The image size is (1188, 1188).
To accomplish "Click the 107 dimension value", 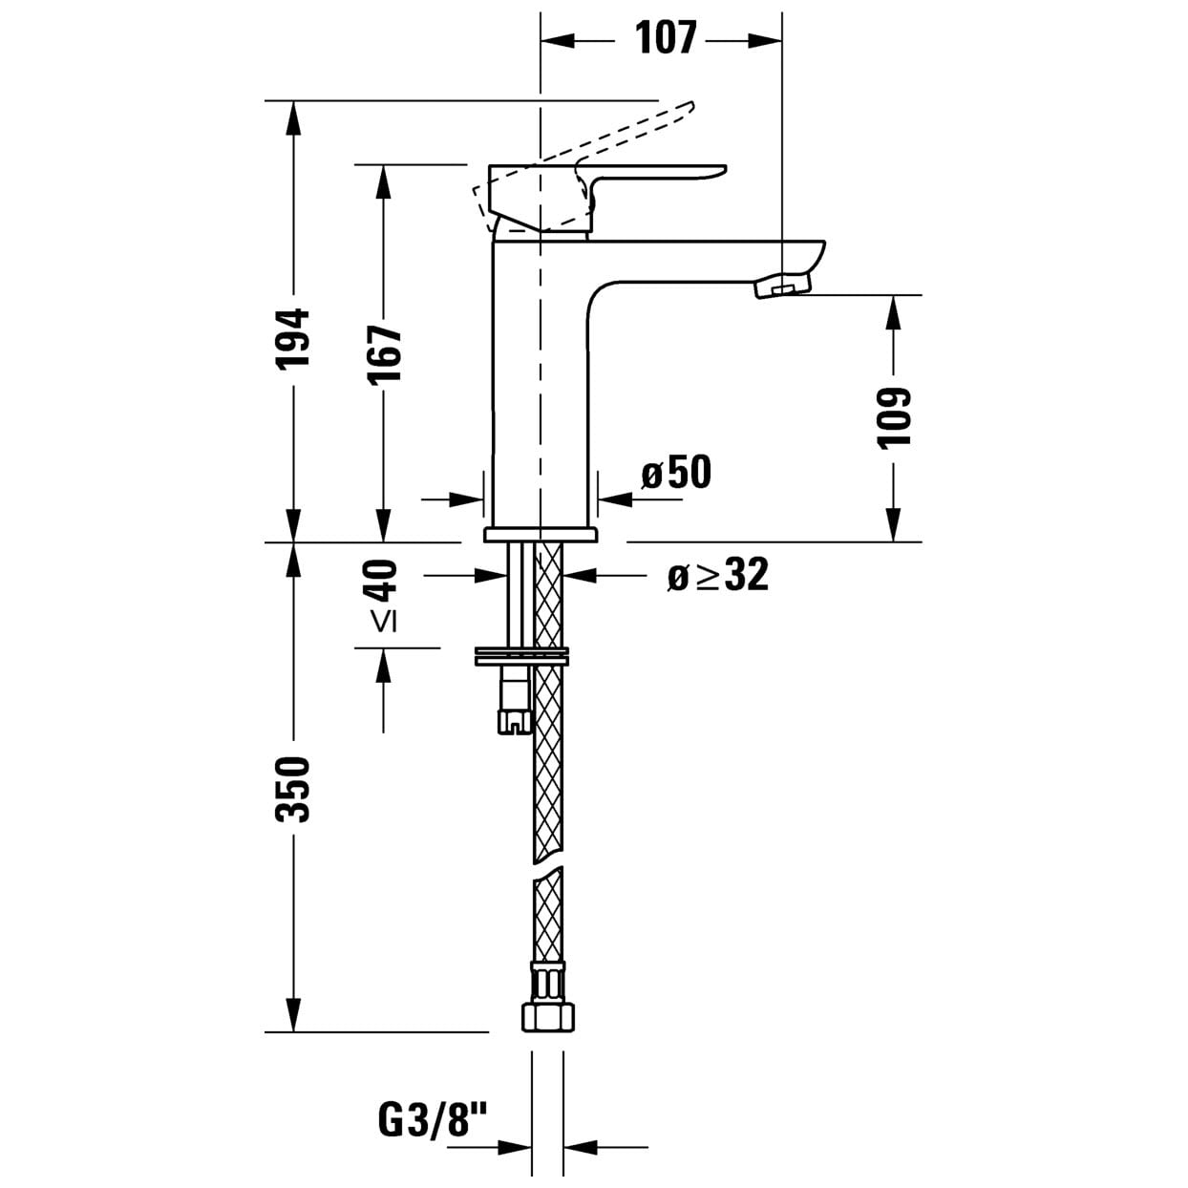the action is point(666,37).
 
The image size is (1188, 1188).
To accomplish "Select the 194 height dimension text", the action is point(293,338).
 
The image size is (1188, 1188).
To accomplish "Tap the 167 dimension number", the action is point(384,354).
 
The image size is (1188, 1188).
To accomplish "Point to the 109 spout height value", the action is point(893,418).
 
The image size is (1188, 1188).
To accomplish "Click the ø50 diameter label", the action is point(676,473).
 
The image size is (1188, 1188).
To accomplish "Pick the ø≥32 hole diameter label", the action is point(718,575).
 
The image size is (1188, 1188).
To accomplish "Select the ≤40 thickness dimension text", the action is point(384,596).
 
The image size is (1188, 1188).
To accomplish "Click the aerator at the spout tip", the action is point(783,286).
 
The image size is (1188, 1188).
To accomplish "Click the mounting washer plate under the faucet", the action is point(521,656).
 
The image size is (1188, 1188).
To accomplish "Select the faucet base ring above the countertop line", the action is point(541,534).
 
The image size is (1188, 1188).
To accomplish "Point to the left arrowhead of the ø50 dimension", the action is point(466,499).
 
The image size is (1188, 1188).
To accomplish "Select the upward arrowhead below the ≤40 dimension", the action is point(384,665).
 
